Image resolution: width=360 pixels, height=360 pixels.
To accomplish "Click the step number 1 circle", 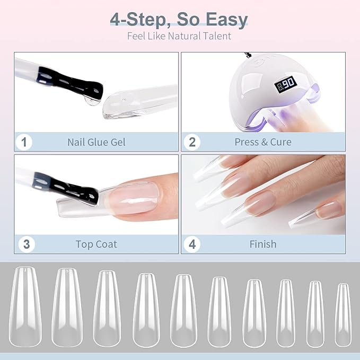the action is point(24,142).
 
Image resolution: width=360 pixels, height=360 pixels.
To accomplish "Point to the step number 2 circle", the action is point(192,142).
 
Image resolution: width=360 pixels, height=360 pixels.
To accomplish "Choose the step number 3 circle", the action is point(27,244).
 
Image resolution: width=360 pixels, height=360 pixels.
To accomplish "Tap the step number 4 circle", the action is point(192,244).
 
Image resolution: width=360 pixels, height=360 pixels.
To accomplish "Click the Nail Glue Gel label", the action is point(96,142).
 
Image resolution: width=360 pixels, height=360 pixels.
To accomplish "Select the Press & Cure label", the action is point(263,142).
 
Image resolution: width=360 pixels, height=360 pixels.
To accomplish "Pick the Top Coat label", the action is point(96,244).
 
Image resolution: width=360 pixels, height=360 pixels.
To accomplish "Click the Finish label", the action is point(263,244).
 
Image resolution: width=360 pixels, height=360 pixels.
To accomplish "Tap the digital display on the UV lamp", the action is point(286,84).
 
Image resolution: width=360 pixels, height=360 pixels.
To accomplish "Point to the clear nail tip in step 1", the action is point(140,102).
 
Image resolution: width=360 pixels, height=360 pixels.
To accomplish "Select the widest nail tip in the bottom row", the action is point(25,307).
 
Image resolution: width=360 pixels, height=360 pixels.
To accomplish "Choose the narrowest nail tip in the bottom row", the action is point(343,315).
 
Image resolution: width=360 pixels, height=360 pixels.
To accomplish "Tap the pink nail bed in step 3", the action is point(134,199).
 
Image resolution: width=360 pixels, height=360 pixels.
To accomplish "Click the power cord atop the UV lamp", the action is point(248,55).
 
